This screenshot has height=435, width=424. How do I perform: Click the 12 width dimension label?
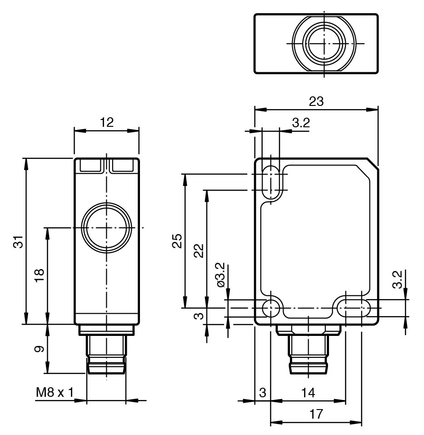[106, 122]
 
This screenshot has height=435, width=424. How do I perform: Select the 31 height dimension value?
[18, 241]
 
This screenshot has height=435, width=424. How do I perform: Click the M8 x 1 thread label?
[55, 392]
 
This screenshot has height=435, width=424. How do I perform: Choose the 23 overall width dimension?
[316, 101]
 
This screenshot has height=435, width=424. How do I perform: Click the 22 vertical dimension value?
[199, 250]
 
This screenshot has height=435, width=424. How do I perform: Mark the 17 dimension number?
[317, 414]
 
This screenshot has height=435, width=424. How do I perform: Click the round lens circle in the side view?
[106, 227]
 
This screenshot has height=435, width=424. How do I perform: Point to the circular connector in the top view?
[323, 43]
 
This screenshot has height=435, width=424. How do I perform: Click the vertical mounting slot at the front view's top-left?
[272, 182]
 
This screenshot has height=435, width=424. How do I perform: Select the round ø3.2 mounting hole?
[272, 308]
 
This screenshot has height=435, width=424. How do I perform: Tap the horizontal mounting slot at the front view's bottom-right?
[353, 308]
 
